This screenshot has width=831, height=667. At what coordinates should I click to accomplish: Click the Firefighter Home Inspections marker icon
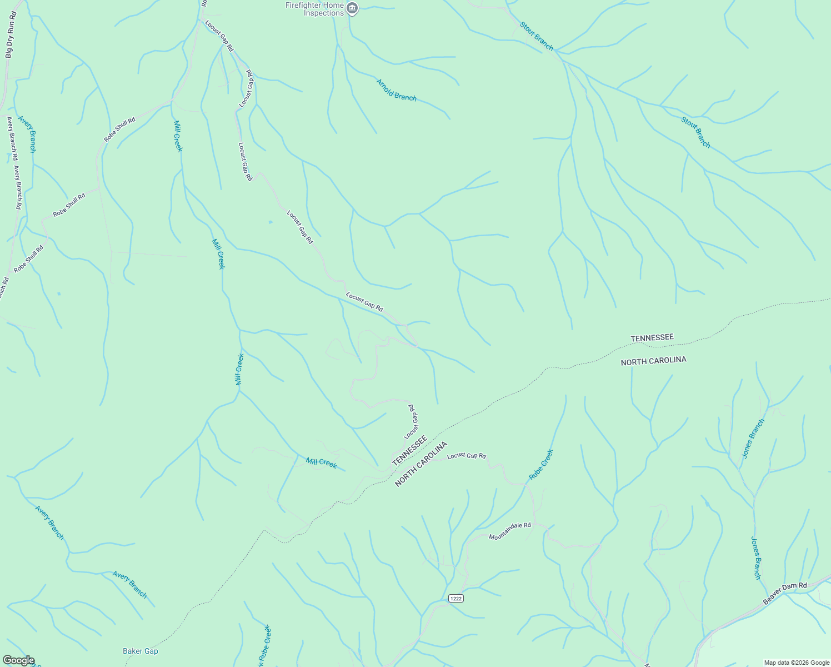tap(352, 8)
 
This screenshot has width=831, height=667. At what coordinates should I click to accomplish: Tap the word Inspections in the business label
tap(324, 13)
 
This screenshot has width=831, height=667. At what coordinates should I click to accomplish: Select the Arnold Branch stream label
tap(396, 90)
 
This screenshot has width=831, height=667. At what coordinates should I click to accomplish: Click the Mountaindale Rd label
tap(509, 531)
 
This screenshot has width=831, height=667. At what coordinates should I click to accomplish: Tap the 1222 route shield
tap(455, 598)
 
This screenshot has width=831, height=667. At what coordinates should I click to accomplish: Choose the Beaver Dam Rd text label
tap(785, 593)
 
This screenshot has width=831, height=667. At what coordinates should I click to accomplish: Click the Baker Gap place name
tap(141, 651)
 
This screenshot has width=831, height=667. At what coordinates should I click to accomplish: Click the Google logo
tap(18, 660)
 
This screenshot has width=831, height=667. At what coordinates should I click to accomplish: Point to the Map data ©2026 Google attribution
tap(797, 663)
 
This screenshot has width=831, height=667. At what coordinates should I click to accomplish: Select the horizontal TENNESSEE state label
tap(652, 337)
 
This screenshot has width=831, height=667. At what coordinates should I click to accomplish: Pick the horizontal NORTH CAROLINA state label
tap(653, 361)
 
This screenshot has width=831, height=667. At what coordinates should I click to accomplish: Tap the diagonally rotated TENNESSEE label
tap(409, 451)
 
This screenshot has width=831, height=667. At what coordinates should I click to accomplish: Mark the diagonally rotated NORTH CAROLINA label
tap(421, 464)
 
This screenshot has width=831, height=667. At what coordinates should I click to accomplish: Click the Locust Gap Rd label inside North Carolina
tap(467, 456)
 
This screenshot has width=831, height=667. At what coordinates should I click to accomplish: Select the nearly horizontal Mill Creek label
tap(321, 462)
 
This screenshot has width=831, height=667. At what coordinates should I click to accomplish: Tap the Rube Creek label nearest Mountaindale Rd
tap(541, 465)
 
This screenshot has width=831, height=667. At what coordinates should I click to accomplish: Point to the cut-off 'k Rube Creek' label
tap(264, 646)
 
